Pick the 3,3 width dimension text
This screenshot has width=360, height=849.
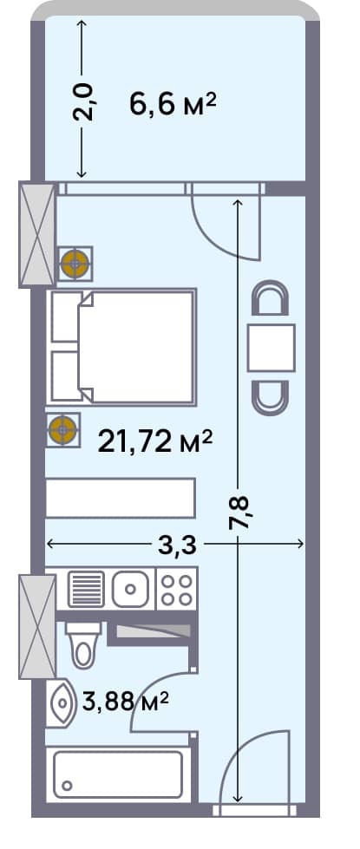click(x=178, y=545)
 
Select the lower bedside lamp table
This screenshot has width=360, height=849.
click(x=62, y=428)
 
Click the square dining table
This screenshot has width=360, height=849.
click(x=272, y=347)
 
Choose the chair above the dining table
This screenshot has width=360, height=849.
click(x=272, y=300)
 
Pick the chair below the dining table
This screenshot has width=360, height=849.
click(x=272, y=395)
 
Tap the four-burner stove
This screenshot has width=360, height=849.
click(x=176, y=590)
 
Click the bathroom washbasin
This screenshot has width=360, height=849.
click(x=62, y=704)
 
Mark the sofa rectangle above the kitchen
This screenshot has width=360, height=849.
click(x=119, y=499)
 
